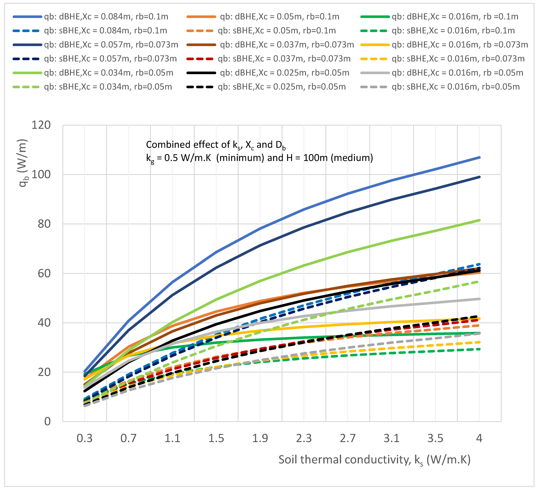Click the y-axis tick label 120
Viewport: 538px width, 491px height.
coord(41,125)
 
